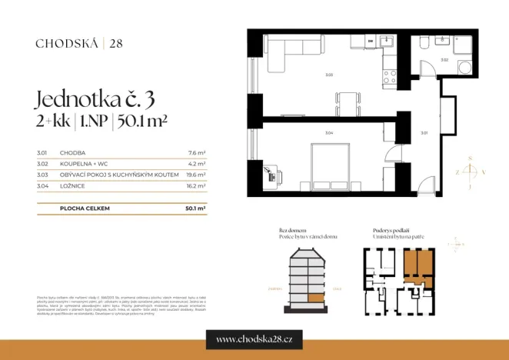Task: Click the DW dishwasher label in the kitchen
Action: click(370, 41)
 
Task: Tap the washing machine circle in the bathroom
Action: click(466, 68)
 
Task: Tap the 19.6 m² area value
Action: click(196, 175)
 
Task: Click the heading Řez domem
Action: click(293, 230)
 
